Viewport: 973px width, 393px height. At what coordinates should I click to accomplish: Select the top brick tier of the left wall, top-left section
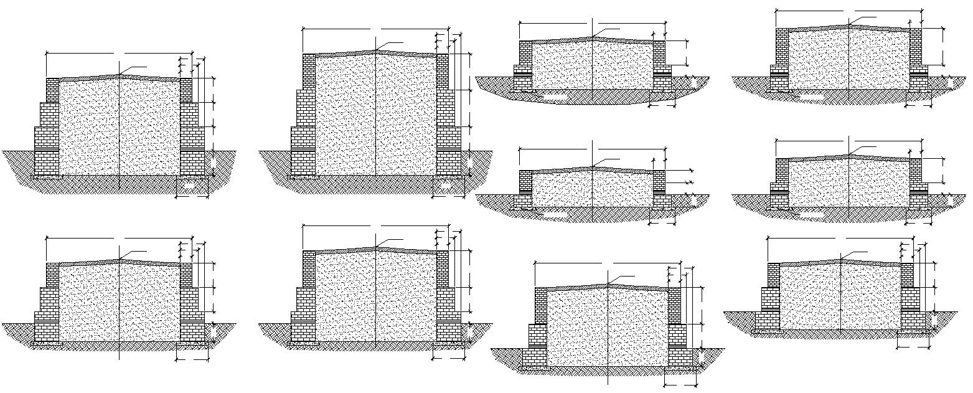(52, 90)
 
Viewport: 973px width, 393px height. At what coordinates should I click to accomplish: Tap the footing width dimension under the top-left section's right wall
(192, 197)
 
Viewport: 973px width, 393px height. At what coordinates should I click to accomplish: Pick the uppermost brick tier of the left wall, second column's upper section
(309, 72)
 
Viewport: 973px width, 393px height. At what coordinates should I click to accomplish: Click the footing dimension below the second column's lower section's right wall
(449, 359)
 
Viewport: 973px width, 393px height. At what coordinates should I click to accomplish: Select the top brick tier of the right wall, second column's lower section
(443, 268)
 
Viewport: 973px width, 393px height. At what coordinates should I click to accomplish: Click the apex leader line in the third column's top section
(607, 31)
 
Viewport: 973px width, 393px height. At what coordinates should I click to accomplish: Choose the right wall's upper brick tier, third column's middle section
(659, 180)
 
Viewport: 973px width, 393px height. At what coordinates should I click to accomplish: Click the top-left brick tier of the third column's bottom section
(542, 305)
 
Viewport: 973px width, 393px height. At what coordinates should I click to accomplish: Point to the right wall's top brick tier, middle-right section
(915, 170)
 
